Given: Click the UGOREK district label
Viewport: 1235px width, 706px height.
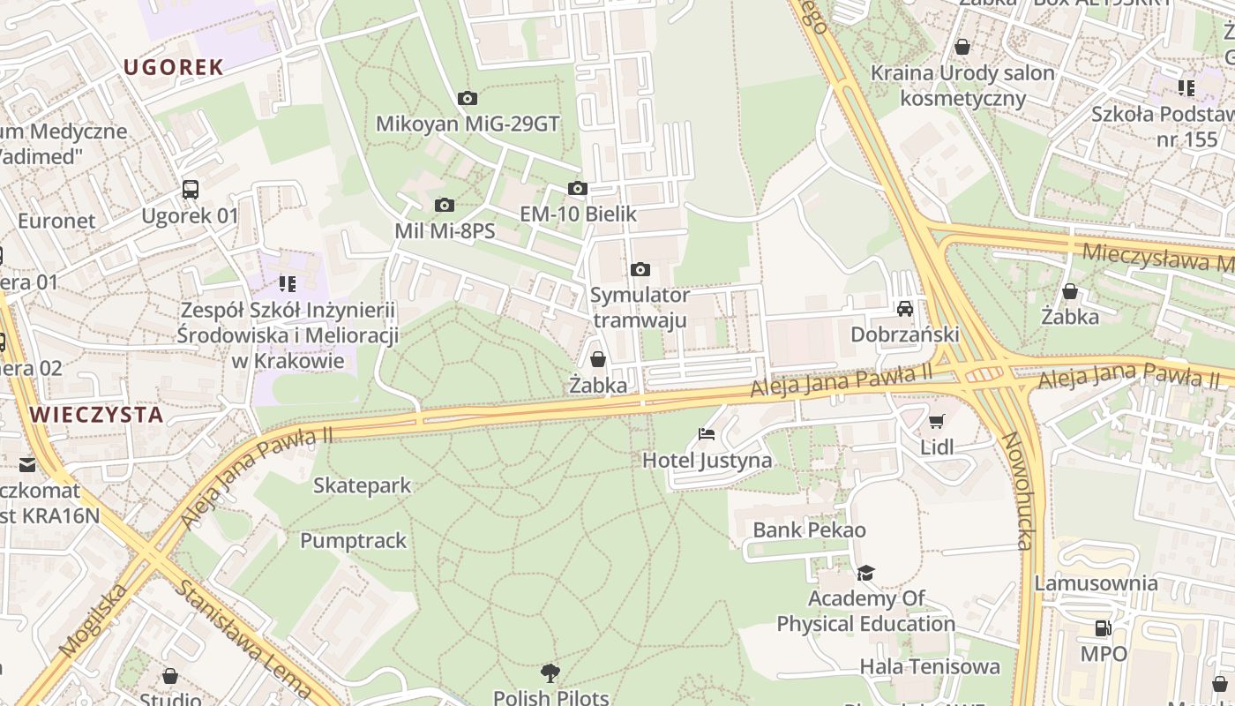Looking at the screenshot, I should click(173, 67).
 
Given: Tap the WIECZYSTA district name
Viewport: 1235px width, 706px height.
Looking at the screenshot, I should click(96, 415).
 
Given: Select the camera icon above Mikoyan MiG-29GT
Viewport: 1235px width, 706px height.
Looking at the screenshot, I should click(468, 98).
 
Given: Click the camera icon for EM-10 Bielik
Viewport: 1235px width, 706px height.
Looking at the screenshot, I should click(578, 188).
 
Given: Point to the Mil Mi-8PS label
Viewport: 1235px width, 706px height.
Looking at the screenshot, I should click(444, 231).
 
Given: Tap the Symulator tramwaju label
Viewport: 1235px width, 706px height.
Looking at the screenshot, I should click(640, 306).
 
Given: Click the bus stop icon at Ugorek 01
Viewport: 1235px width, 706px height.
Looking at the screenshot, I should click(191, 189).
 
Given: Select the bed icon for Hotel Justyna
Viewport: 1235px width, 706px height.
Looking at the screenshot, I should click(707, 433).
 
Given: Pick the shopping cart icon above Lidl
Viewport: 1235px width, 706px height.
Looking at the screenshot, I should click(936, 421).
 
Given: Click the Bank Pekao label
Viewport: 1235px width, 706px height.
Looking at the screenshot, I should click(809, 529).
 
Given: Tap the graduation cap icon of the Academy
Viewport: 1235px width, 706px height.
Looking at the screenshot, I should click(865, 573).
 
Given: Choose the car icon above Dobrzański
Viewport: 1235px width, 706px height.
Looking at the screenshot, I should click(904, 308).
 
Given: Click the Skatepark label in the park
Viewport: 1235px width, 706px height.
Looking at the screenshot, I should click(362, 484).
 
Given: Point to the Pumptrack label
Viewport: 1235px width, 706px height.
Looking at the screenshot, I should click(353, 540).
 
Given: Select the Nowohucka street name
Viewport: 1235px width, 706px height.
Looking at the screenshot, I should click(1017, 491).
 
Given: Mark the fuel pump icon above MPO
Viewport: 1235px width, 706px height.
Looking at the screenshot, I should click(1103, 627).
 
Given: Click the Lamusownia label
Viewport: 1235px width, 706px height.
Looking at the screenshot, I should click(1096, 582).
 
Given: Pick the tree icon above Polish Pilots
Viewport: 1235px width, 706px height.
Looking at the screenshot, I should click(550, 673).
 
